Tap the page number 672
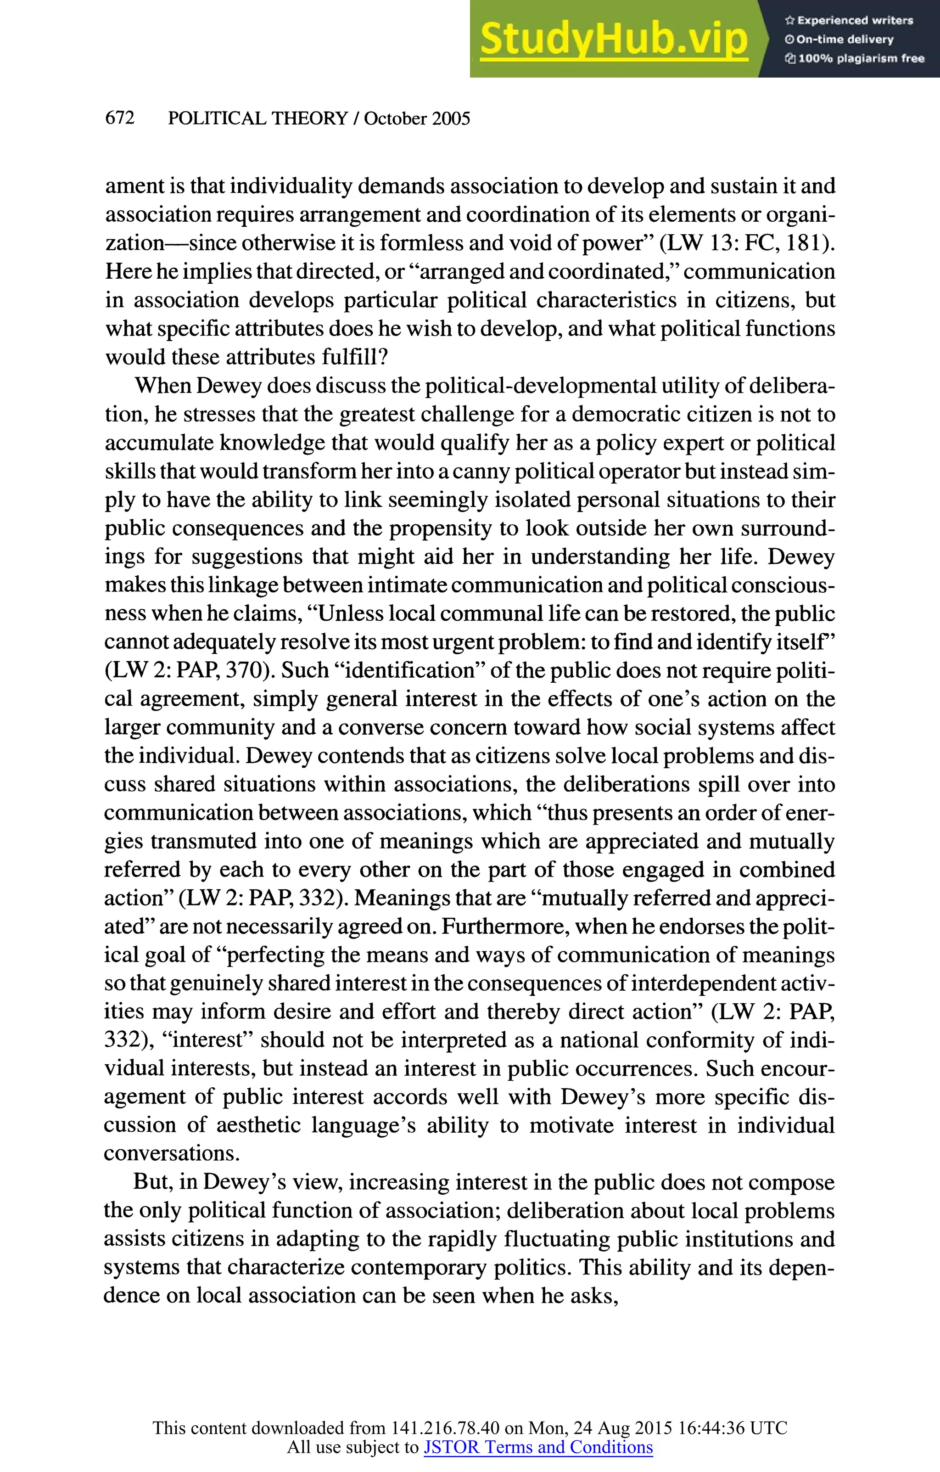coord(120,118)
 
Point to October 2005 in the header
coord(417,118)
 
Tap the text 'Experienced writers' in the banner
coord(855,20)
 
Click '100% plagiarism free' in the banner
coord(861,59)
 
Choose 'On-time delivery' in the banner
coord(845,39)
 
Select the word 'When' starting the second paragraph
coord(162,386)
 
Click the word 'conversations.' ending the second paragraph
coord(172,1153)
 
